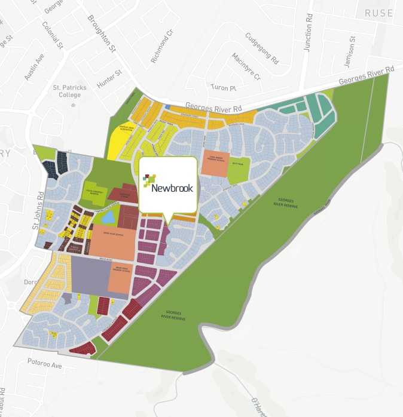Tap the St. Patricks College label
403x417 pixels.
pyautogui.click(x=69, y=91)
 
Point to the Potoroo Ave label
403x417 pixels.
pyautogui.click(x=45, y=363)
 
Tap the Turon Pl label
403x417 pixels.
pyautogui.click(x=224, y=87)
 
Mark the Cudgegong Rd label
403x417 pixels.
pyautogui.click(x=262, y=48)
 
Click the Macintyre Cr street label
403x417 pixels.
pyautogui.click(x=246, y=66)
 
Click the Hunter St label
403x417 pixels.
pyautogui.click(x=109, y=79)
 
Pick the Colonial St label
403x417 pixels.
pyautogui.click(x=53, y=36)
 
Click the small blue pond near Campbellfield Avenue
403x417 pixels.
pyautogui.click(x=115, y=216)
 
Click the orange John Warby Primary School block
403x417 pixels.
pyautogui.click(x=215, y=162)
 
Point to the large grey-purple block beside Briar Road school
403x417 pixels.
pyautogui.click(x=90, y=277)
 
